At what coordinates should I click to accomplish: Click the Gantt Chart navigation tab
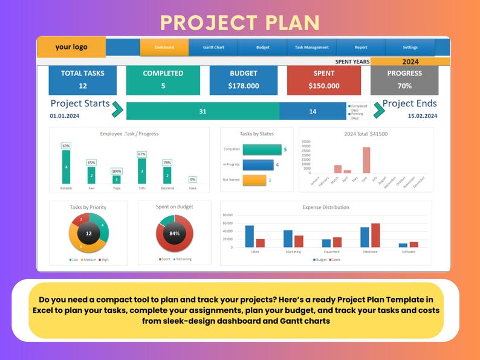[x=213, y=47]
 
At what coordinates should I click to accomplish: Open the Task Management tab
[x=311, y=47]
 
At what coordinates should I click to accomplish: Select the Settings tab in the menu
[x=410, y=47]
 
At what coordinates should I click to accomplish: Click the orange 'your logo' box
[x=71, y=47]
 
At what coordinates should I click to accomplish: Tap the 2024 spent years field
[x=410, y=62]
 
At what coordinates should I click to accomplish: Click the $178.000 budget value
[x=243, y=86]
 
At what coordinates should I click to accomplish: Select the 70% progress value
[x=404, y=86]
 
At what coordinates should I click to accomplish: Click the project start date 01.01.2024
[x=65, y=115]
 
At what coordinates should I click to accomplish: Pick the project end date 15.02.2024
[x=422, y=115]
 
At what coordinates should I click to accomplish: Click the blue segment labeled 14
[x=313, y=111]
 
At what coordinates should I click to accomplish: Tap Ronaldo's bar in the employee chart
[x=66, y=167]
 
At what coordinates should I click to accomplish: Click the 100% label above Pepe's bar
[x=117, y=172]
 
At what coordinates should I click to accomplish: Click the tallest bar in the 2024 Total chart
[x=366, y=160]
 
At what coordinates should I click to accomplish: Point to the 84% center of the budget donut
[x=175, y=233]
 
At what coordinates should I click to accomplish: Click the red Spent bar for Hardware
[x=375, y=235]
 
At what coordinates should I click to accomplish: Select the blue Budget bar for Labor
[x=250, y=236]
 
